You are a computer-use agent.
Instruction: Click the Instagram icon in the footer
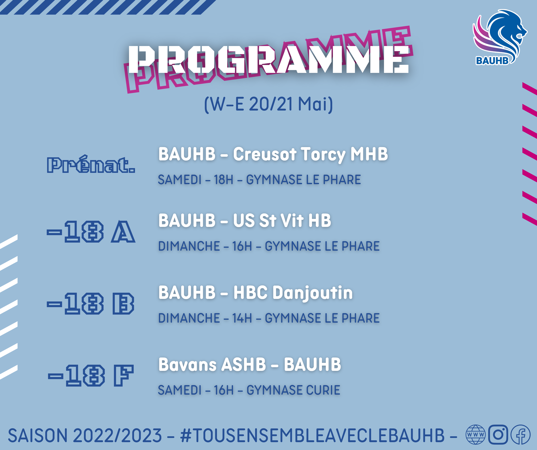[498, 434]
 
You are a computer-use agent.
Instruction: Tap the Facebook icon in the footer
[521, 434]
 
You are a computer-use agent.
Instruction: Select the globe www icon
[475, 434]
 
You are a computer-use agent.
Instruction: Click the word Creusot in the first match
[265, 154]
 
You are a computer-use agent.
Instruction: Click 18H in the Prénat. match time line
[224, 179]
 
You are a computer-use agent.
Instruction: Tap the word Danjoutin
[313, 293]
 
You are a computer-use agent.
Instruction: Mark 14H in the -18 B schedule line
[242, 318]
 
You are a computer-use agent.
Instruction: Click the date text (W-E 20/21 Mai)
[268, 104]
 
